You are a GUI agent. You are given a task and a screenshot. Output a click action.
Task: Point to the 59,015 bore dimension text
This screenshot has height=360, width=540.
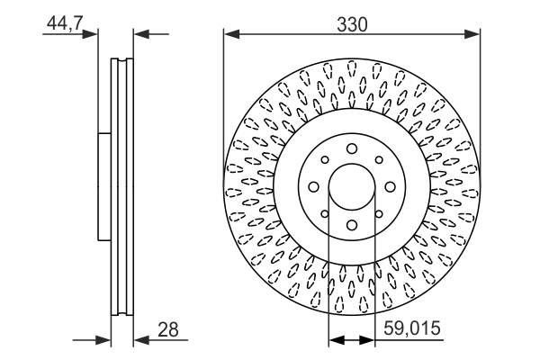pyautogui.click(x=413, y=329)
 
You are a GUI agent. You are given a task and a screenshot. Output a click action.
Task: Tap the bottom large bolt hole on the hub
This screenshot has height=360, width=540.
pyautogui.click(x=352, y=226)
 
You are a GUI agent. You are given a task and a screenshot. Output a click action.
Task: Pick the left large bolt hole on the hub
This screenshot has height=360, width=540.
pyautogui.click(x=313, y=187)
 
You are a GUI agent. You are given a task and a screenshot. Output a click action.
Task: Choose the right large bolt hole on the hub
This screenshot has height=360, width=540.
pyautogui.click(x=391, y=187)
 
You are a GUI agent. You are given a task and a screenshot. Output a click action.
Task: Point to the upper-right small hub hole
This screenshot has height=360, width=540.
pyautogui.click(x=379, y=160)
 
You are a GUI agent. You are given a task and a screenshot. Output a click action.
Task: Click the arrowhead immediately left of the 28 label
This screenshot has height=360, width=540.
pyautogui.click(x=140, y=341)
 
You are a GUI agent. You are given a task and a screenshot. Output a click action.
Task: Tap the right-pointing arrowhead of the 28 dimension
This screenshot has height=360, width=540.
pyautogui.click(x=103, y=341)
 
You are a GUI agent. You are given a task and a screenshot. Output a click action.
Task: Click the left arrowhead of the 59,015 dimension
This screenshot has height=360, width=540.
pyautogui.click(x=336, y=341)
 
